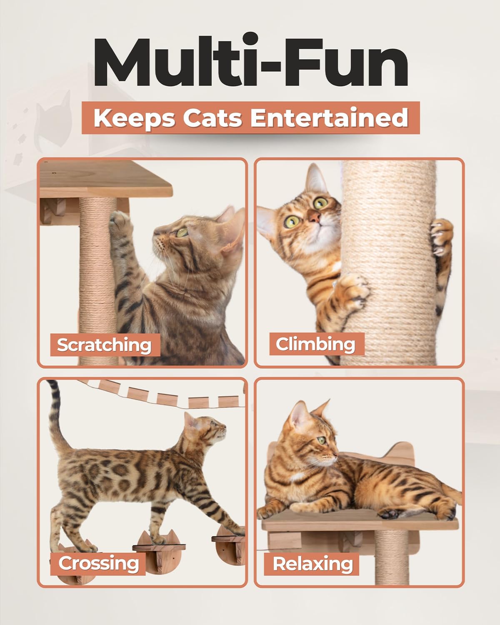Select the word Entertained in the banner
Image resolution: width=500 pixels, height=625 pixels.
point(330,117)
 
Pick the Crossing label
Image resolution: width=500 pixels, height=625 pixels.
point(98,563)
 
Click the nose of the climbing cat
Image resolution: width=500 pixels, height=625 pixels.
point(315,216)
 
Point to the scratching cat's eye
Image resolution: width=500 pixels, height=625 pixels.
point(182,232)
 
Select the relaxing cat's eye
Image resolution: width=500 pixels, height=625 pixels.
point(321,440)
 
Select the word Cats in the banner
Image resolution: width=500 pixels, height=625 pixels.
point(212,118)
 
